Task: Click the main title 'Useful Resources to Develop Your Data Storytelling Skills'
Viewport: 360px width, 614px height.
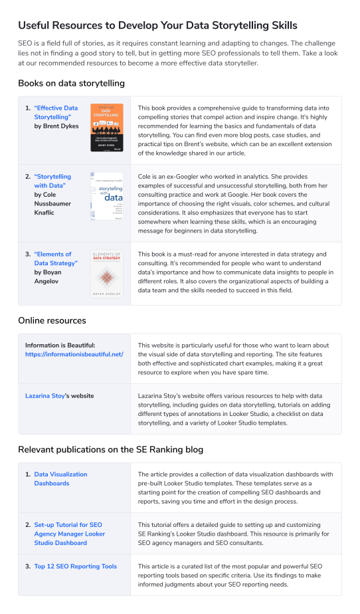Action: pos(157,25)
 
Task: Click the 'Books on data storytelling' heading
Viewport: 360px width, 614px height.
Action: pos(71,83)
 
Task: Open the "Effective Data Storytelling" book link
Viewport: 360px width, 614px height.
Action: pos(56,112)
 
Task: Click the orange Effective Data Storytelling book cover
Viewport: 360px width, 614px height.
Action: pos(107,128)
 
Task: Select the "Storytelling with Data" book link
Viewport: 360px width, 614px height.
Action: pos(52,181)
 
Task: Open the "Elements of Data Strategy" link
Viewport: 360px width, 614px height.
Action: pos(56,259)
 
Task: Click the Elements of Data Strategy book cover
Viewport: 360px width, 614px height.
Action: pos(107,273)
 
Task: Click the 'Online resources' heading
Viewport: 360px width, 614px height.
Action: pos(52,320)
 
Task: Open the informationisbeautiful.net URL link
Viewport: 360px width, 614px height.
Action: pos(74,354)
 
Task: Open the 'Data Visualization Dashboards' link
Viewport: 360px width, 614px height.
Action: pos(60,478)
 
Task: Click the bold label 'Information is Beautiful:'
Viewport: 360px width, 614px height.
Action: pos(60,345)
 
